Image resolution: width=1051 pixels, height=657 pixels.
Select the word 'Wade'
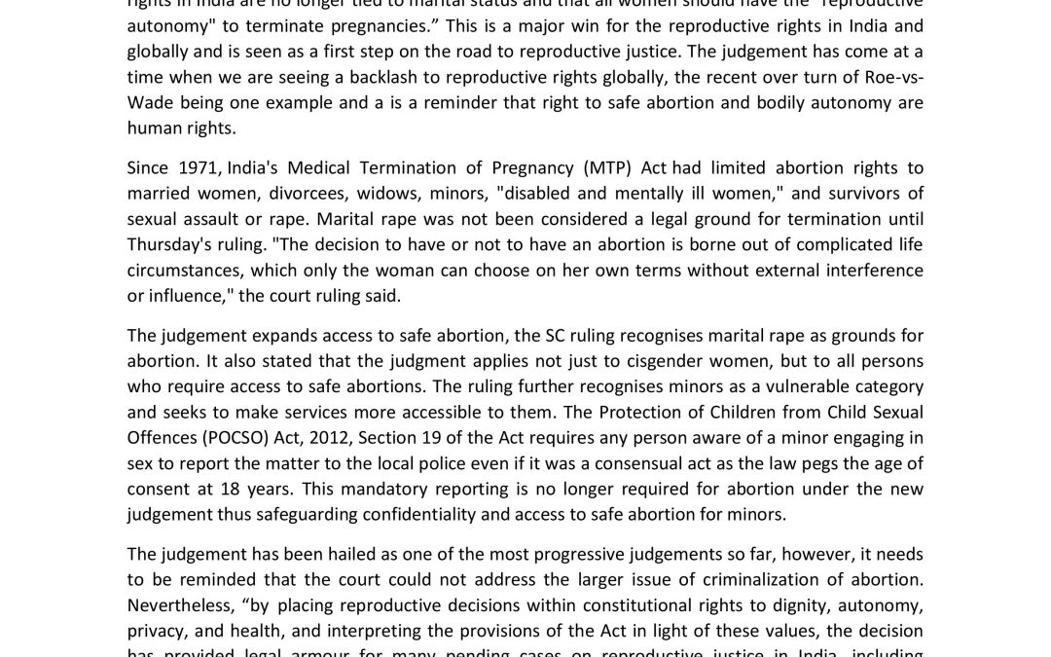point(149,103)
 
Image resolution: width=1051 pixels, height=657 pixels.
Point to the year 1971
point(197,168)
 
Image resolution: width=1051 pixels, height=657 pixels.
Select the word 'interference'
point(870,270)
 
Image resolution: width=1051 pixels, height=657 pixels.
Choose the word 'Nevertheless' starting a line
point(181,604)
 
